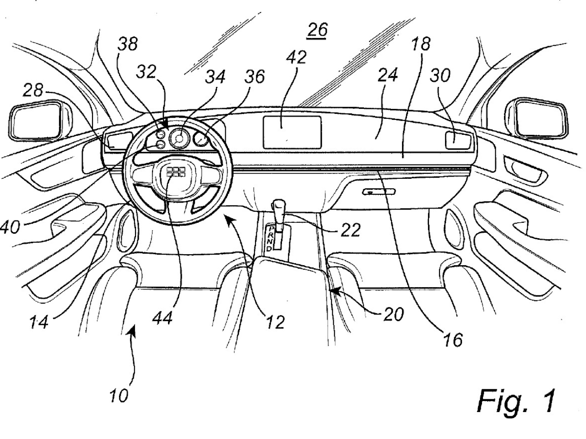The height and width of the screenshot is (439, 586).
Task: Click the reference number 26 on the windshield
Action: [317, 30]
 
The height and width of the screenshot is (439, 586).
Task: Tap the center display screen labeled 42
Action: [292, 132]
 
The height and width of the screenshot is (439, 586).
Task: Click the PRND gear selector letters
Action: [271, 238]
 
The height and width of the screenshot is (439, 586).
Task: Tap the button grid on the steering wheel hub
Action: [175, 172]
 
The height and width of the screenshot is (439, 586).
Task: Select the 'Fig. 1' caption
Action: [516, 401]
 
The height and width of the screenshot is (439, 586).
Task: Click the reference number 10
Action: [119, 396]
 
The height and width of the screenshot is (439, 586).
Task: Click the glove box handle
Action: [373, 192]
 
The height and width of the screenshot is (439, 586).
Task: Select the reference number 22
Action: [350, 230]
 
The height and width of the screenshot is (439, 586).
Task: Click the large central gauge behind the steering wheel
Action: [179, 138]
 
